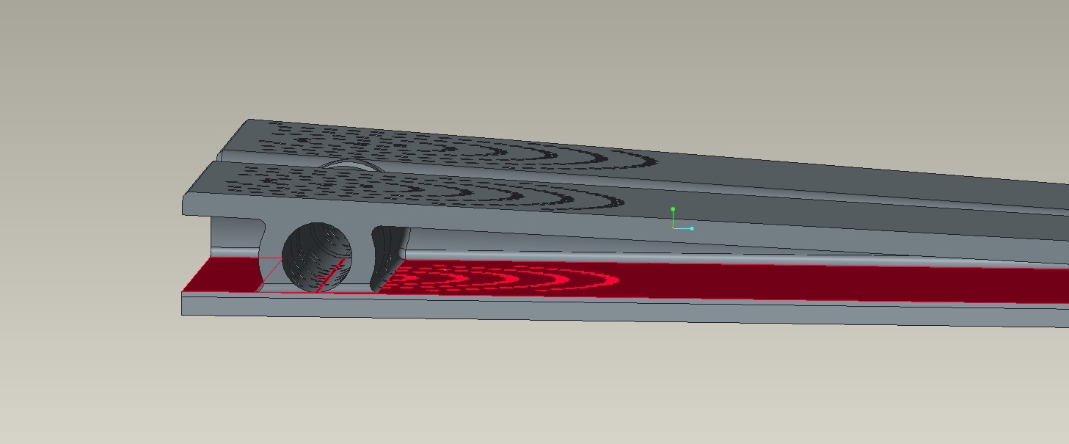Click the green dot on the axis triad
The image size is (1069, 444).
pyautogui.click(x=673, y=209)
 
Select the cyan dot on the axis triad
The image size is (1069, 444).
pyautogui.click(x=691, y=228)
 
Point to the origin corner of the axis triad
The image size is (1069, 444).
pyautogui.click(x=673, y=228)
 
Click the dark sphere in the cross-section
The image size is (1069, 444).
pyautogui.click(x=316, y=255)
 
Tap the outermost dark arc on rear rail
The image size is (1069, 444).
pyautogui.click(x=646, y=159)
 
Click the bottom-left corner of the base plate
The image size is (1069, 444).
pyautogui.click(x=182, y=315)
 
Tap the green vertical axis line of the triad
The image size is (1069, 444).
pyautogui.click(x=673, y=219)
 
